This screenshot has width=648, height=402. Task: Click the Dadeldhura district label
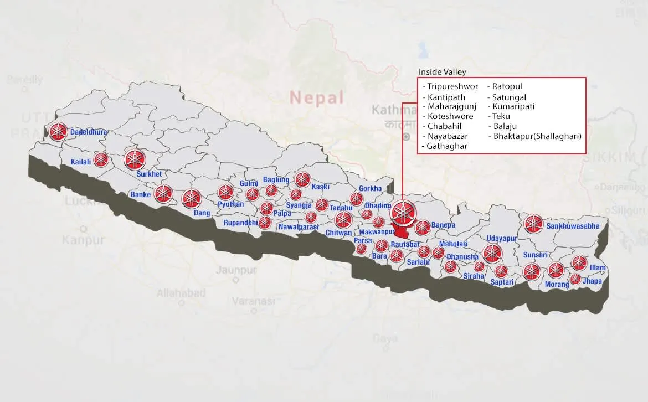(89, 132)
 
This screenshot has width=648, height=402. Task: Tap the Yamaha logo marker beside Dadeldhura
(58, 131)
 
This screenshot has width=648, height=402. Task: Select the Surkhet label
(148, 174)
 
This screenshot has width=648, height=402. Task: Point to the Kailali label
(81, 162)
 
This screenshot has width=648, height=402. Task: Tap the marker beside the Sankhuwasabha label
(533, 224)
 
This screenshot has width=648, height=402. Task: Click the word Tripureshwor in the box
(452, 86)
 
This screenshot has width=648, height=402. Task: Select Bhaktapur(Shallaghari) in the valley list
(537, 136)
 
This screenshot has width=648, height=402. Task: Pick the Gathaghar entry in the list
(447, 146)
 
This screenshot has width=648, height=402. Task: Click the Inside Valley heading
(442, 72)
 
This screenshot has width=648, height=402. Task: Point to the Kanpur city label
(83, 240)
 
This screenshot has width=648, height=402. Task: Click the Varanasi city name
(253, 302)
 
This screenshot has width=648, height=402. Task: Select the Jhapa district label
(592, 281)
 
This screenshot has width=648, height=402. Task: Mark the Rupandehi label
(240, 223)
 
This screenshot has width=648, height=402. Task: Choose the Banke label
(140, 194)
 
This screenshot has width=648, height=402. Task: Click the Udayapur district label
(501, 238)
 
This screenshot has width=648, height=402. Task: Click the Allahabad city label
(181, 293)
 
